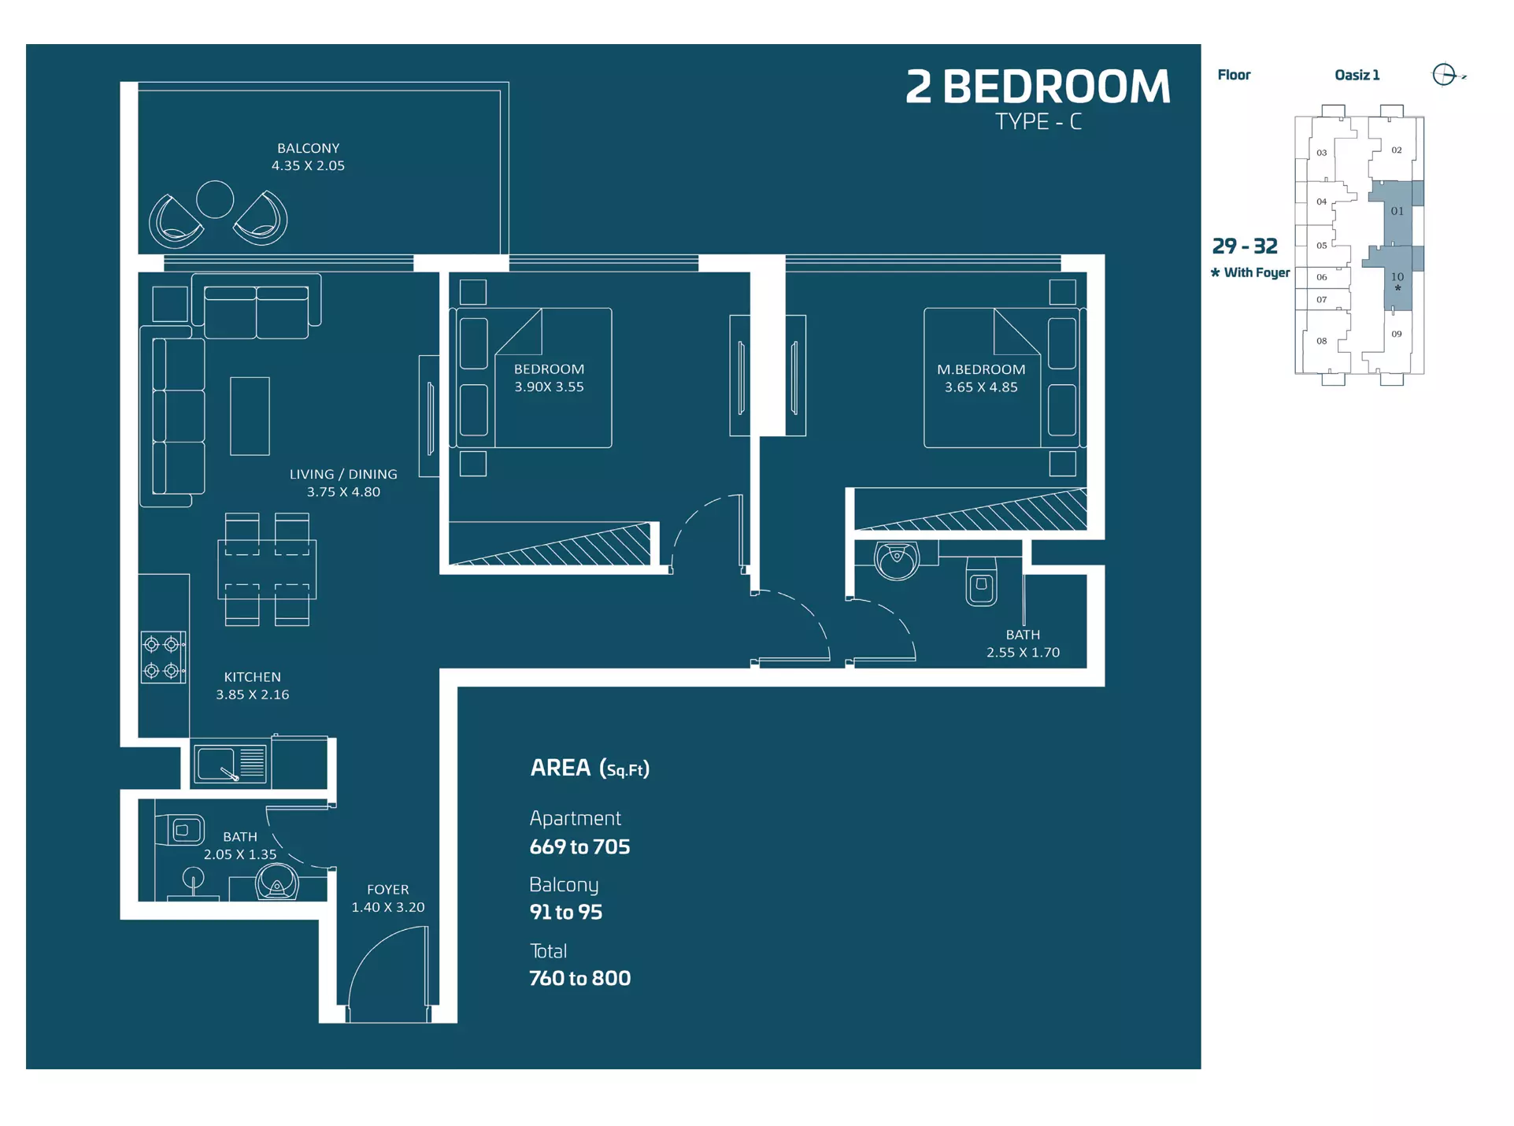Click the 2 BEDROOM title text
pos(1038,87)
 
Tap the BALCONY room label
pos(308,148)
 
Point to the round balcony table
pos(215,199)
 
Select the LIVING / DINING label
pos(343,474)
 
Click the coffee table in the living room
pos(250,416)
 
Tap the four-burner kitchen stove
pos(163,657)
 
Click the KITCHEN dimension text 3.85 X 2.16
pos(253,694)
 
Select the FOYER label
pos(388,890)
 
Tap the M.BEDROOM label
pos(981,369)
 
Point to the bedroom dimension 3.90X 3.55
pos(549,387)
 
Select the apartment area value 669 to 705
pos(579,846)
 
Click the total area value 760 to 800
pos(579,978)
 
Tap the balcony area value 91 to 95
pos(565,912)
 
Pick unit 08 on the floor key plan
pos(1321,341)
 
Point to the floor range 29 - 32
pos(1245,246)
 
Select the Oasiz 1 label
pos(1357,75)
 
